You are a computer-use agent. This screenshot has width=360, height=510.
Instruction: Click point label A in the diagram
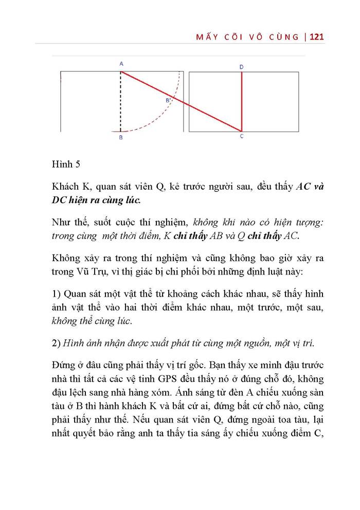point(121,64)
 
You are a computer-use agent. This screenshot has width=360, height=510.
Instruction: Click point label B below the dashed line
point(121,138)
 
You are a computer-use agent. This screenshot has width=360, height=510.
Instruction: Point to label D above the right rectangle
point(242,67)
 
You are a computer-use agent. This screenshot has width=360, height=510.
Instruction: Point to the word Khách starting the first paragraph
point(65,187)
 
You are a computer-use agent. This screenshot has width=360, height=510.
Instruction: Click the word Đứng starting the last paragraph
point(64,366)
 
